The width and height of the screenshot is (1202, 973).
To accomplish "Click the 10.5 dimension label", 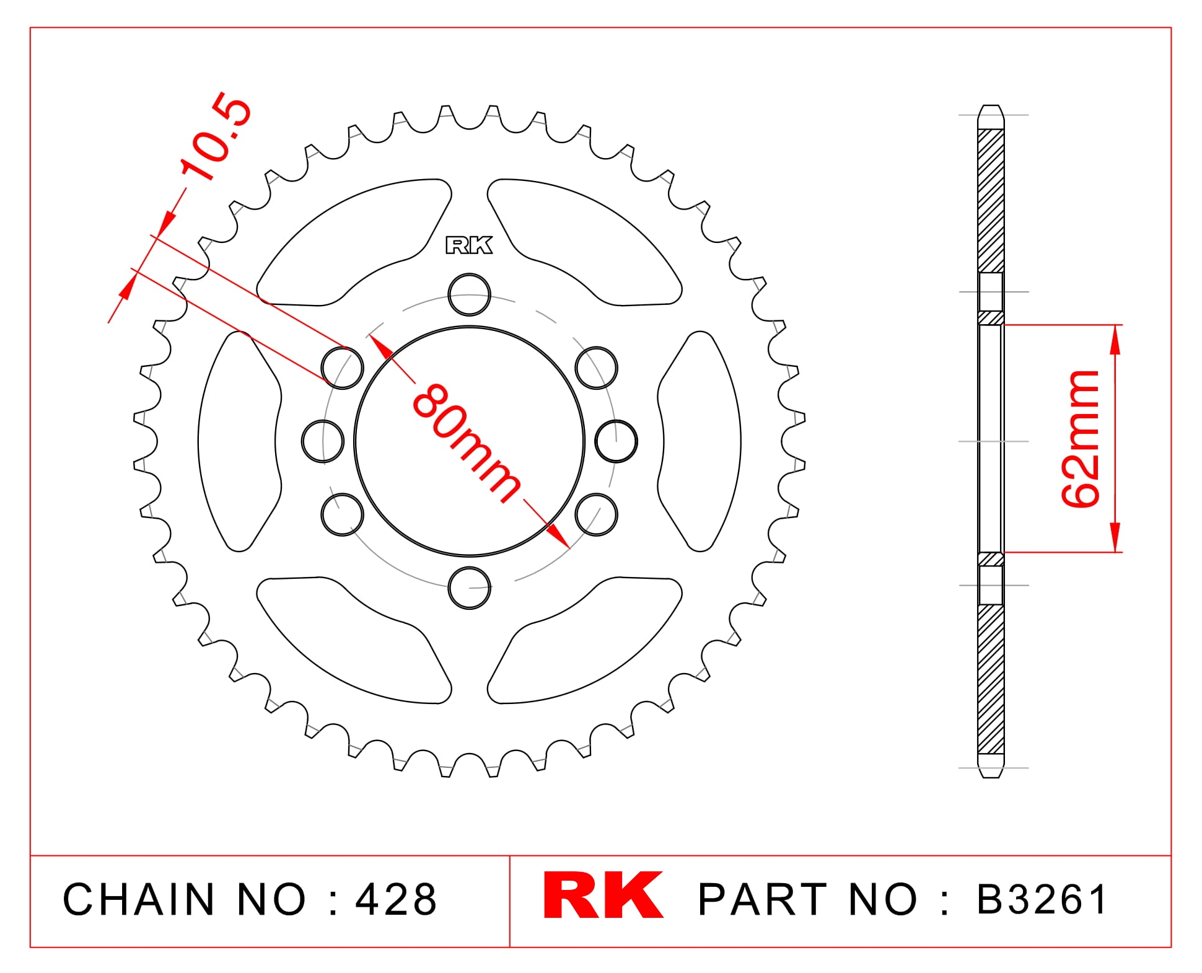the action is click(x=216, y=138).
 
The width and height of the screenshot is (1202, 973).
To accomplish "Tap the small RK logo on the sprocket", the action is click(x=469, y=245).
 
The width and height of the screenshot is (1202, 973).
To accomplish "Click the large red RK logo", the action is click(x=603, y=895).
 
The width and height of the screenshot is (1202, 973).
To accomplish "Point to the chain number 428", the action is click(x=397, y=899).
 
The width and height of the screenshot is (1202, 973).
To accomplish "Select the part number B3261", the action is click(x=1042, y=899).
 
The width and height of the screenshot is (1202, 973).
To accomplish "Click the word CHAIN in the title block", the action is click(x=139, y=899).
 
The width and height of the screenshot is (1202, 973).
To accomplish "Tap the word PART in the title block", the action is click(x=763, y=899).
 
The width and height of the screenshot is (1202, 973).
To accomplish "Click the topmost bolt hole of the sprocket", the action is click(x=469, y=295).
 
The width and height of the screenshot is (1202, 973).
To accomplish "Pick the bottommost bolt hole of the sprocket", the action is click(x=469, y=588).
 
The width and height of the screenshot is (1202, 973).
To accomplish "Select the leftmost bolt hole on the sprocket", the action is click(x=323, y=441).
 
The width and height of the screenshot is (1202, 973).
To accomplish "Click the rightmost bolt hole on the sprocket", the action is click(x=616, y=441).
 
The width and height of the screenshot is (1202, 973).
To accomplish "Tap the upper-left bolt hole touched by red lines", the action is click(x=343, y=368).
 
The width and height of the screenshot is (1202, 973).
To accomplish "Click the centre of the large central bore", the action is click(x=469, y=441).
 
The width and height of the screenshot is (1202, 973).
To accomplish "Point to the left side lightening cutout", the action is click(x=239, y=441).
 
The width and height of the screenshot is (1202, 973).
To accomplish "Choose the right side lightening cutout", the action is click(x=700, y=441).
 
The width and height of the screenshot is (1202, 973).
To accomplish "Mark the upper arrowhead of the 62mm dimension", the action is click(x=1115, y=340).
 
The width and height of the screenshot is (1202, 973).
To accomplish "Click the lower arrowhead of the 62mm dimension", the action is click(x=1115, y=537).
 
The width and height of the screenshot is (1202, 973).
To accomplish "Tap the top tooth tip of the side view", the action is click(x=990, y=107).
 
